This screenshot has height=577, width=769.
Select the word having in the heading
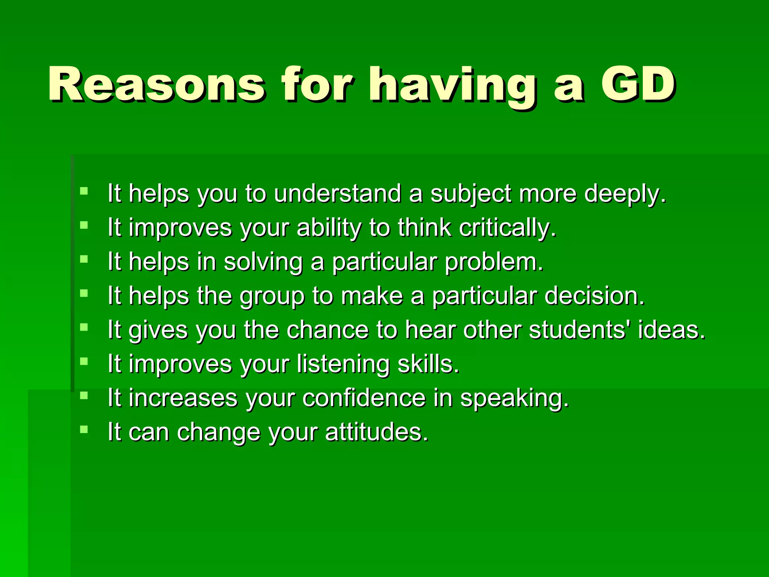pos(452,86)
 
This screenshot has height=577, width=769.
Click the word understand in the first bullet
pos(337,194)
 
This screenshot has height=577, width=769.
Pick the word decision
pos(594,296)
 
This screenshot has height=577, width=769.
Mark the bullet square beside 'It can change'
pos(84,429)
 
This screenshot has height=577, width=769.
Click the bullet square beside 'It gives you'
pos(84,327)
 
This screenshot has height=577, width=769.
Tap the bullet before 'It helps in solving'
pos(84,259)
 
